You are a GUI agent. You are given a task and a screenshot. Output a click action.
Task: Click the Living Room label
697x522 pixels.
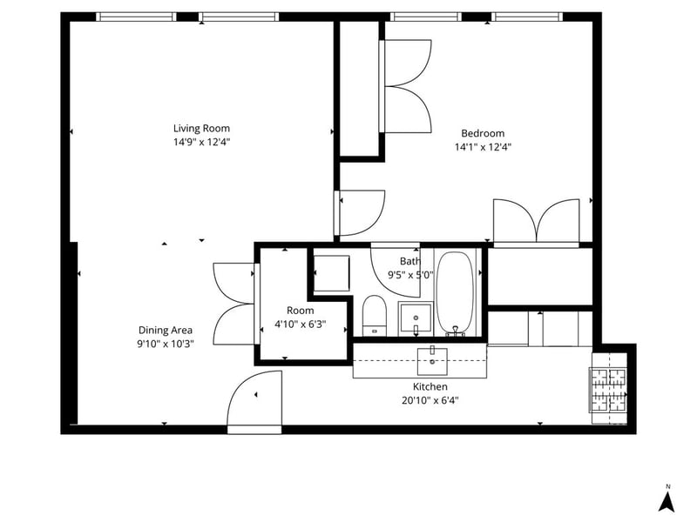(x=201, y=129)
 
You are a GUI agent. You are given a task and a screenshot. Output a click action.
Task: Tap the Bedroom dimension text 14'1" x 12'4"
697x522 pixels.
(x=483, y=147)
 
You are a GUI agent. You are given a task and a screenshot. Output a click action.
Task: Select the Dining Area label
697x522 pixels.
(x=166, y=331)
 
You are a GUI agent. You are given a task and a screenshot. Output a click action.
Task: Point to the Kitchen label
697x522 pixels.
(x=430, y=386)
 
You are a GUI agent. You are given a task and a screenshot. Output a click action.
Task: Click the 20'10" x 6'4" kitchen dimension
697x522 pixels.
(x=430, y=400)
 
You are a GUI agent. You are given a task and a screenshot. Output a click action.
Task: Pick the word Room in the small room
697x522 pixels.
(x=300, y=311)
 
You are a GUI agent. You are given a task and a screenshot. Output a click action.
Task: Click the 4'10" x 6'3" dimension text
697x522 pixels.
(x=300, y=324)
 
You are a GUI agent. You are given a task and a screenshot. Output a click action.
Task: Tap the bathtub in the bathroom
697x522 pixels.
(x=455, y=293)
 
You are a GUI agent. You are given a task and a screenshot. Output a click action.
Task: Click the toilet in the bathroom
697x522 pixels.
(x=375, y=316)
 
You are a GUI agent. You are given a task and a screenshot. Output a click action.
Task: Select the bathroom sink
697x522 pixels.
(x=416, y=318)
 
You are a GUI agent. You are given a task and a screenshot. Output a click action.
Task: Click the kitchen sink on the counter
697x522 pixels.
(x=432, y=361)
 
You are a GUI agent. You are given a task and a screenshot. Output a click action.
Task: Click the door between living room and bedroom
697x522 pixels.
(x=360, y=213)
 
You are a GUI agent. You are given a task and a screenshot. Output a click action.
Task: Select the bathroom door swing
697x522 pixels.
(x=396, y=270)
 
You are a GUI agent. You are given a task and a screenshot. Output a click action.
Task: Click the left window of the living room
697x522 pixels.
(x=136, y=17)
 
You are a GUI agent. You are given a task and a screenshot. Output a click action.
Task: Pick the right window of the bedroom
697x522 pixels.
(x=527, y=17)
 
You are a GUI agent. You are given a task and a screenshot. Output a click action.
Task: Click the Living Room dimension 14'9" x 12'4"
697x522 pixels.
(x=201, y=142)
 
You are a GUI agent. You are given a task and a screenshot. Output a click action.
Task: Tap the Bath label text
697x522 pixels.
(x=409, y=261)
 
